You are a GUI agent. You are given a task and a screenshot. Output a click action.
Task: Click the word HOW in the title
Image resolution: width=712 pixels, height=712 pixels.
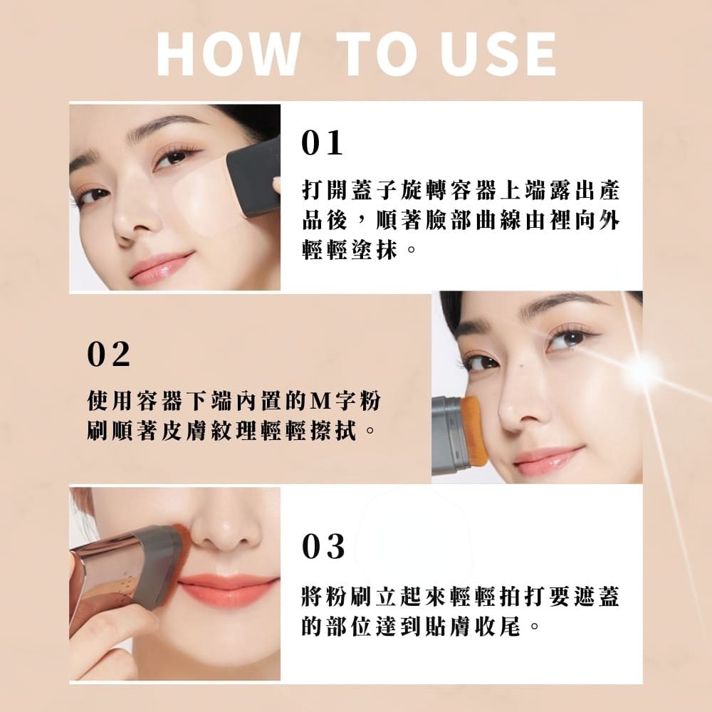tap(228, 54)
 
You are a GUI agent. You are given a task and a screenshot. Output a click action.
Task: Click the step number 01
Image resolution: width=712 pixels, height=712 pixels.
tap(322, 143)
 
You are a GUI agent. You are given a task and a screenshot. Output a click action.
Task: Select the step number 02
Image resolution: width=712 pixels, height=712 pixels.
tap(108, 354)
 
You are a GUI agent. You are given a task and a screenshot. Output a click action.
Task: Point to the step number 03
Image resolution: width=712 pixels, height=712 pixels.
tap(323, 547)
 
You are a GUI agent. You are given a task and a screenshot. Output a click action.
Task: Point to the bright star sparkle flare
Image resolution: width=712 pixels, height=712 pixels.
tap(644, 369)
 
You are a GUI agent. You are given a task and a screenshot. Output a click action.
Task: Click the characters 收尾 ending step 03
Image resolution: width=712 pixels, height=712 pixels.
tap(497, 627)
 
